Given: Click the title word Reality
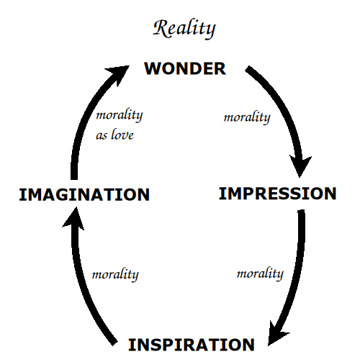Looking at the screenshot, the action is coord(184,29).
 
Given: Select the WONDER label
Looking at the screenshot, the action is coord(185,68).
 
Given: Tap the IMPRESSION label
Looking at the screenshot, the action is coord(278,194).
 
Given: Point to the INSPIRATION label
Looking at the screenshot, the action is coord(192,345).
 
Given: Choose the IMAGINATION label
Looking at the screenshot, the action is coord(84,194).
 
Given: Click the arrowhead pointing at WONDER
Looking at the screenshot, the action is coord(120,73).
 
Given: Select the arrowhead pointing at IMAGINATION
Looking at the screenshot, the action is coord(74,217).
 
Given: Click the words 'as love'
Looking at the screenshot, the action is coord(114,135).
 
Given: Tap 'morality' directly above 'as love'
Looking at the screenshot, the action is coord(120,115).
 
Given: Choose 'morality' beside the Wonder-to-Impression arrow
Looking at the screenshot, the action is coord(247,117).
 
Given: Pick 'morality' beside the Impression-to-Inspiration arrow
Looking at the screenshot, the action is coord(260,273).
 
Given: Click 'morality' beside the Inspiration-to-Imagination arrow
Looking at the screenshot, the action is coord(115,275).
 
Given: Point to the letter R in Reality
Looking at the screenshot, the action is coord(161,28).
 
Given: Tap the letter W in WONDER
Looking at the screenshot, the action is coord(153,68).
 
